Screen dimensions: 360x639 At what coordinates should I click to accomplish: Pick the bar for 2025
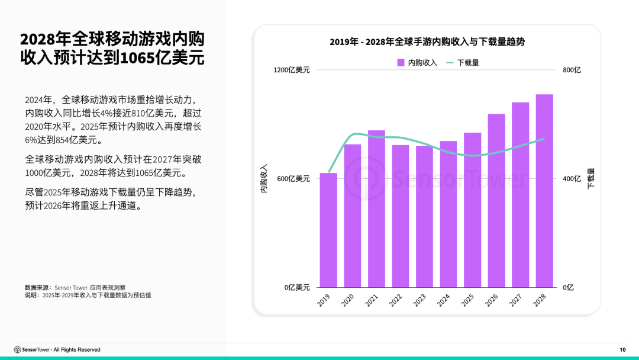tap(472, 210)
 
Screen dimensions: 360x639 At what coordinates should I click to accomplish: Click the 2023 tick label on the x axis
tap(419, 300)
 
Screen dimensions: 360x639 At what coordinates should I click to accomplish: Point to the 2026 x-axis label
tap(492, 300)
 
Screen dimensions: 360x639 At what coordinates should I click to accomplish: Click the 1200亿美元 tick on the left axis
tap(292, 70)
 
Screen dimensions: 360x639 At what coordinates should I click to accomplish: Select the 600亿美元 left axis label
tap(293, 179)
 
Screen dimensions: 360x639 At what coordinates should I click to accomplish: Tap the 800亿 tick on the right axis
tap(572, 70)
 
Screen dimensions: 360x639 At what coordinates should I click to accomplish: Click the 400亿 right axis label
tap(572, 179)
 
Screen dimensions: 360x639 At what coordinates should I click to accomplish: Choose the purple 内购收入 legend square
tap(401, 62)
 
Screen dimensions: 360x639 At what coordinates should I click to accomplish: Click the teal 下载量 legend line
tap(450, 62)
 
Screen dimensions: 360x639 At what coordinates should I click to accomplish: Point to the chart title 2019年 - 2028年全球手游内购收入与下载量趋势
tap(427, 42)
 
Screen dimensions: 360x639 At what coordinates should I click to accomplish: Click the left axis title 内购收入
tap(264, 179)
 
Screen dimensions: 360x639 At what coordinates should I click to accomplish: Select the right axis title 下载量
tap(590, 179)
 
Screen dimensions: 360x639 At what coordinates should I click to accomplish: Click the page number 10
tap(622, 350)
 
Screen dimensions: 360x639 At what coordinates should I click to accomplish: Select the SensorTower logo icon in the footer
tap(17, 350)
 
